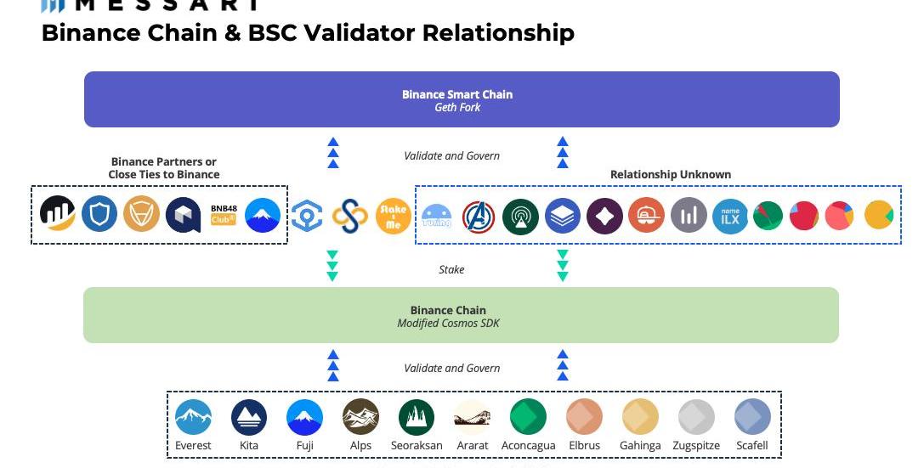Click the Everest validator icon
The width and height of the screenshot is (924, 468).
click(193, 417)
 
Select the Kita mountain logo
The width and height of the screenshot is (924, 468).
click(249, 417)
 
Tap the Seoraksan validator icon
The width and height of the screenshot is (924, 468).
click(417, 417)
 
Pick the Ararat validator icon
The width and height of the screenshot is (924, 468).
click(472, 417)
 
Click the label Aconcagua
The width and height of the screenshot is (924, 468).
click(528, 446)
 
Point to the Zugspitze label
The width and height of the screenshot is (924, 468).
click(696, 446)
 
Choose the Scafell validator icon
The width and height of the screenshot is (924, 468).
click(752, 417)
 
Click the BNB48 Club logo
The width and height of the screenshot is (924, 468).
click(224, 215)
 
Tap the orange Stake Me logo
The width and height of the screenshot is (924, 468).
click(393, 216)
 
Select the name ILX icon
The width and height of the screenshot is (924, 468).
click(730, 216)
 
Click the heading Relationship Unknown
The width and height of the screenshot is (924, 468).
click(670, 175)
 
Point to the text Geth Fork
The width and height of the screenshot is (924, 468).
click(457, 108)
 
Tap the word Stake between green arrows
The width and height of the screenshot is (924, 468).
click(451, 269)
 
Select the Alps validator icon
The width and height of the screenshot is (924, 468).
click(360, 417)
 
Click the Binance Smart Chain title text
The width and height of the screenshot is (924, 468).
click(457, 94)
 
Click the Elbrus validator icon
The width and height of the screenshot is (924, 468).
click(584, 417)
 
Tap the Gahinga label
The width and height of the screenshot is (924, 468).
click(640, 446)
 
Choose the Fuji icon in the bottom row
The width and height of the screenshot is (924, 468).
click(304, 417)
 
